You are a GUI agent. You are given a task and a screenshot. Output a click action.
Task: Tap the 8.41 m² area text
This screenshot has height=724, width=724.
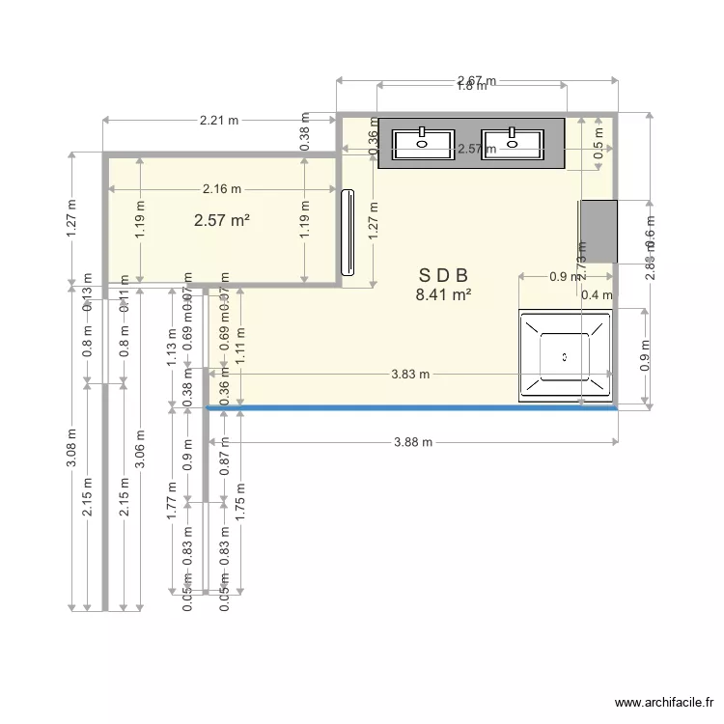[443, 295]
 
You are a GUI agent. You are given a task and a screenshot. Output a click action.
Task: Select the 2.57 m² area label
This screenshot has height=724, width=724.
[222, 220]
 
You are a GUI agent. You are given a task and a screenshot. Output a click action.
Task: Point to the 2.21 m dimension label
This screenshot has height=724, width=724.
[219, 121]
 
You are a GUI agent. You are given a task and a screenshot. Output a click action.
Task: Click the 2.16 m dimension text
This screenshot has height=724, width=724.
[222, 189]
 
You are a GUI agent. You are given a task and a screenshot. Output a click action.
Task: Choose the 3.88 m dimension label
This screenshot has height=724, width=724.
[412, 442]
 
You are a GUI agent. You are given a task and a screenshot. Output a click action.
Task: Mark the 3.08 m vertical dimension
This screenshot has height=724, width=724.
[71, 449]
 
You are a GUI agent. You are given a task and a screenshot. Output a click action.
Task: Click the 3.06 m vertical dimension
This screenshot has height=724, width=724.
[141, 449]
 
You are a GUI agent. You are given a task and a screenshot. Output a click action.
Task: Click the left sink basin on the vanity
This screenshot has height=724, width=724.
[423, 145]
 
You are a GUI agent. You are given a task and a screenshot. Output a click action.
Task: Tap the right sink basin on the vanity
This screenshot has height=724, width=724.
[512, 145]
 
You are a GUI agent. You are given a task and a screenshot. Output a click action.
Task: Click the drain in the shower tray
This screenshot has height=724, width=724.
[566, 355]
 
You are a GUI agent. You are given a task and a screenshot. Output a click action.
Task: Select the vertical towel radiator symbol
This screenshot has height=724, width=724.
[348, 232]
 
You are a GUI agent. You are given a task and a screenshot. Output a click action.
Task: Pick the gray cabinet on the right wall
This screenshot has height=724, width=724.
[598, 232]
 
